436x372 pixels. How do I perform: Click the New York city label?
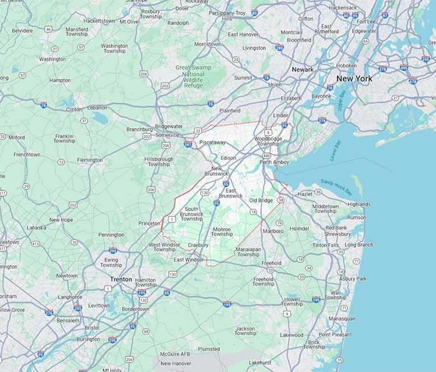coord(354,79)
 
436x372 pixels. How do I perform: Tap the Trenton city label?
coord(121,279)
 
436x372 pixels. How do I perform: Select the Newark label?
coord(303,70)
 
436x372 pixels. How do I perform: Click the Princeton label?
coord(149,223)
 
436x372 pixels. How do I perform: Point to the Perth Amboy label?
coord(275,162)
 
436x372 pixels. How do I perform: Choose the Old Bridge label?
coord(261,200)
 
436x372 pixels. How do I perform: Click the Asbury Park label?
coord(354,278)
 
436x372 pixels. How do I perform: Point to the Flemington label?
coord(90,160)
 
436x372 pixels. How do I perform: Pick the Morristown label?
coord(207,45)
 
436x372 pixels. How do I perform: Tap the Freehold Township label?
coord(263,281)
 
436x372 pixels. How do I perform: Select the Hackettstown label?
coord(99,21)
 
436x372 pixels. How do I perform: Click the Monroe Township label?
coord(222,231)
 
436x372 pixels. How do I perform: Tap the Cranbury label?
coord(197,245)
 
